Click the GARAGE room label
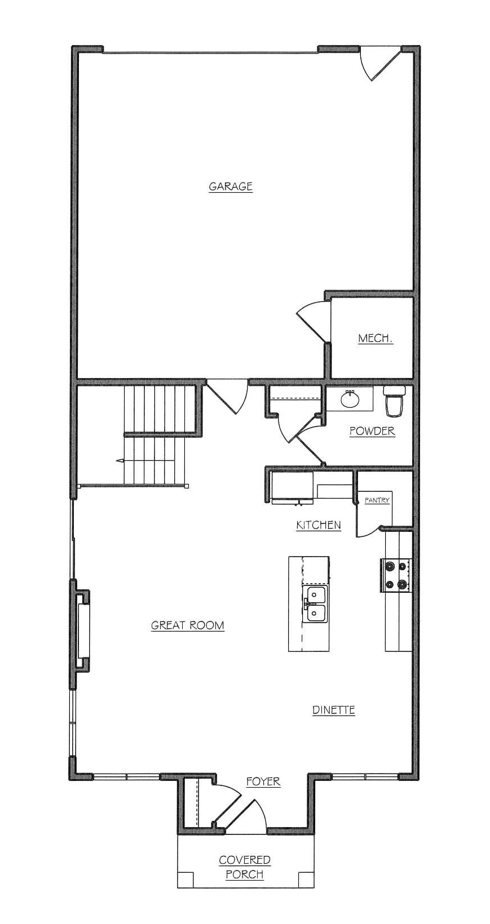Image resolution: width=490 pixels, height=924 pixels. click(x=231, y=186)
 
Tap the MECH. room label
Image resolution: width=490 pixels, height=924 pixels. click(x=375, y=339)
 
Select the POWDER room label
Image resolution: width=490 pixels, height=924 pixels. click(x=372, y=431)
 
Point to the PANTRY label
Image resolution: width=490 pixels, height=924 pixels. click(x=377, y=500)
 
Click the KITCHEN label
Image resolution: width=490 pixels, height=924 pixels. click(x=319, y=525)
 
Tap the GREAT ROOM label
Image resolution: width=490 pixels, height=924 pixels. click(x=187, y=625)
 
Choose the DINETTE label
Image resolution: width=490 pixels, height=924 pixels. click(x=334, y=710)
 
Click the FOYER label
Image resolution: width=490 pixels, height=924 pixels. click(x=263, y=781)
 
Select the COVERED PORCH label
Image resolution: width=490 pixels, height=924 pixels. click(x=245, y=855)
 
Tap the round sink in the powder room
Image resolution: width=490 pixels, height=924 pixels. click(x=350, y=398)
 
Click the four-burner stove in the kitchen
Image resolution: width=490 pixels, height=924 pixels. click(x=396, y=575)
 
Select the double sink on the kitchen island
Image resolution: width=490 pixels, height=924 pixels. click(x=315, y=605)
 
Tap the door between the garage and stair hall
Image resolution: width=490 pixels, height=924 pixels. click(x=228, y=397)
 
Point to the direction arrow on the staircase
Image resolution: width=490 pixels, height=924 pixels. click(x=121, y=460)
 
